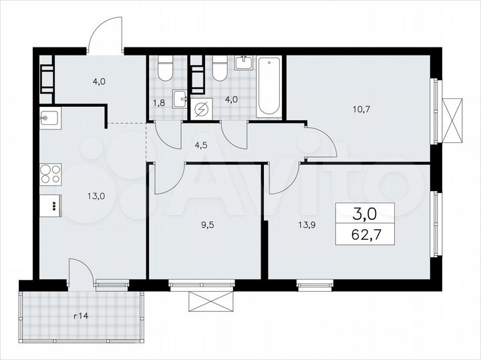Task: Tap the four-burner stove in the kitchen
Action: click(x=50, y=174)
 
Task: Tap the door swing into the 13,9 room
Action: click(x=284, y=179)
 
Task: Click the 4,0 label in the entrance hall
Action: click(x=100, y=82)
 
